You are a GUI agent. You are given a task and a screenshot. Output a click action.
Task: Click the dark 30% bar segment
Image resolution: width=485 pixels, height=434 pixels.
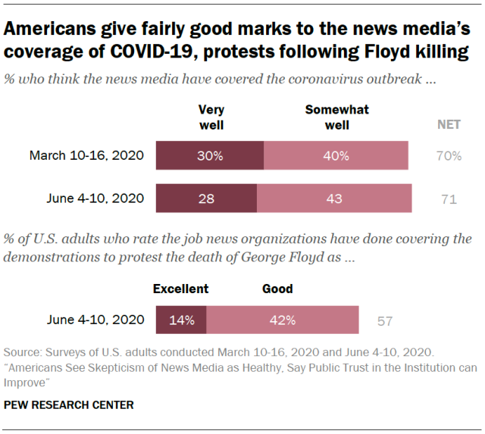[x=210, y=156]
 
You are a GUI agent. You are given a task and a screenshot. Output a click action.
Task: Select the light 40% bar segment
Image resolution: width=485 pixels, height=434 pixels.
[x=336, y=156]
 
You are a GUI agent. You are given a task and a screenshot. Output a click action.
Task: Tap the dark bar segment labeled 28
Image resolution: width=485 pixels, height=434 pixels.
[x=206, y=199]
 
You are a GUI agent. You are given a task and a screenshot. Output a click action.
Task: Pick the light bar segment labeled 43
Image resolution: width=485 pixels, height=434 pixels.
[x=334, y=199]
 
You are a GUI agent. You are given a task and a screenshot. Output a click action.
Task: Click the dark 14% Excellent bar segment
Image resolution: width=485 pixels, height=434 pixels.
[x=181, y=320]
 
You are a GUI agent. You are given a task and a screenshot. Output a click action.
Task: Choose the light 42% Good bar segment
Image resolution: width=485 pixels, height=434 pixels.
[x=282, y=320]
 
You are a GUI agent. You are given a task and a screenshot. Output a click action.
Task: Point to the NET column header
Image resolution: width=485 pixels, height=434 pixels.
[x=449, y=124]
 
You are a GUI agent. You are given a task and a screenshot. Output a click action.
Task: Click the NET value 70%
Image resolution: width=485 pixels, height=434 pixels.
[x=449, y=156]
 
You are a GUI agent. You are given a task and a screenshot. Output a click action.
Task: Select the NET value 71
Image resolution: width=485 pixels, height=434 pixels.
[x=449, y=199]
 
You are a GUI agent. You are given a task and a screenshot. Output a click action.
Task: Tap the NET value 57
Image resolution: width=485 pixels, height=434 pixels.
[x=385, y=320]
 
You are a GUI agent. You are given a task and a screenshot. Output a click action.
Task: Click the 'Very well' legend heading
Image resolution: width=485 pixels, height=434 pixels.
[x=211, y=117]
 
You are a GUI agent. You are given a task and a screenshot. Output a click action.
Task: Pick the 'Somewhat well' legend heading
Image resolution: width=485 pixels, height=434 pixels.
[x=336, y=117]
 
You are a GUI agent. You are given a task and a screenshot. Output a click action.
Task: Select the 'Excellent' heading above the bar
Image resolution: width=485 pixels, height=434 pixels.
[x=180, y=289]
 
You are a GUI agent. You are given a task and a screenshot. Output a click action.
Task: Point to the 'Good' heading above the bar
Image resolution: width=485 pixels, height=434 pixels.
[x=277, y=289]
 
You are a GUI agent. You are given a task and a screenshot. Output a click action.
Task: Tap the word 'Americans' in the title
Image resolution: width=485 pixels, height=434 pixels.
[x=52, y=31]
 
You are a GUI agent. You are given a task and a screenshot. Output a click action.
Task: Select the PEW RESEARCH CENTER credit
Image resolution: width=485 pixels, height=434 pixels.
[x=69, y=405]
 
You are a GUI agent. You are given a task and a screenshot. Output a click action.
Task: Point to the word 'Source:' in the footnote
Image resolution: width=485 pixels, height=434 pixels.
[x=24, y=353]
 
